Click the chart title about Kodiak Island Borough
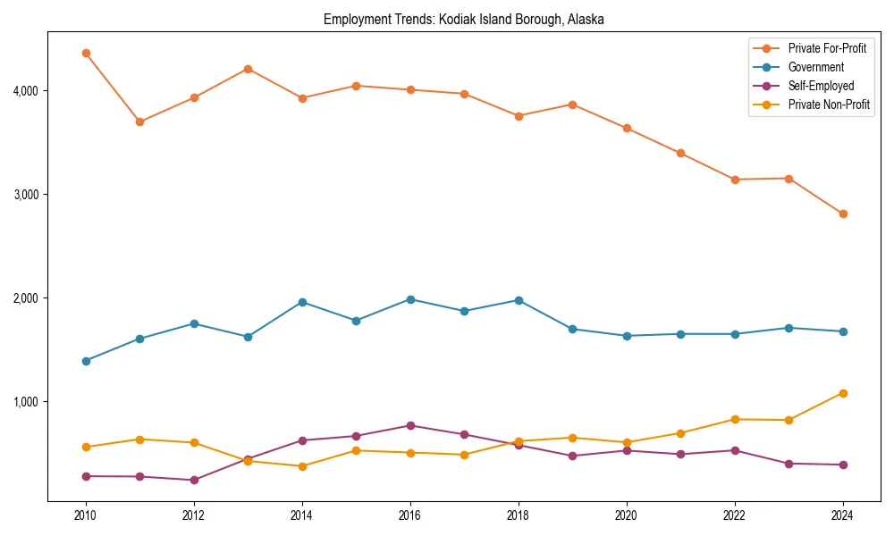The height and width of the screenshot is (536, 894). click(464, 20)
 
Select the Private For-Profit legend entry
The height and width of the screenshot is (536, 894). click(827, 48)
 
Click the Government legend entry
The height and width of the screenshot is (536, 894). click(815, 67)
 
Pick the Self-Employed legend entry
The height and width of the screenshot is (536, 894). click(821, 86)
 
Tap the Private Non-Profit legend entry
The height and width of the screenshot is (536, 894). click(829, 105)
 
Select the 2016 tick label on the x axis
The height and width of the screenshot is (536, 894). click(410, 515)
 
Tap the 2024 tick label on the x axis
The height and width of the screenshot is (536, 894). click(843, 515)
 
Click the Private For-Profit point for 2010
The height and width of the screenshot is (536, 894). click(86, 53)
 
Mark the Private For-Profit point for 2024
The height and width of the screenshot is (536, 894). click(843, 214)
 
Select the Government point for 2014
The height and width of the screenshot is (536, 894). click(302, 302)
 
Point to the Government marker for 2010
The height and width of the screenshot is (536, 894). click(86, 361)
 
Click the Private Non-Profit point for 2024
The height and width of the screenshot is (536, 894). click(843, 393)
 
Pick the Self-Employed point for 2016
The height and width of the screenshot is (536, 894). click(410, 425)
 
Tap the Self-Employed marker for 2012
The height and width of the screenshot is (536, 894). click(194, 480)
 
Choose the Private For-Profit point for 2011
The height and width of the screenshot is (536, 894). click(140, 121)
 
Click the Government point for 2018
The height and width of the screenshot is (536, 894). click(519, 300)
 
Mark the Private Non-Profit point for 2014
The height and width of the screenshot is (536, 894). click(302, 466)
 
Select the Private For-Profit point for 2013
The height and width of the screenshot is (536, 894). click(249, 69)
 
